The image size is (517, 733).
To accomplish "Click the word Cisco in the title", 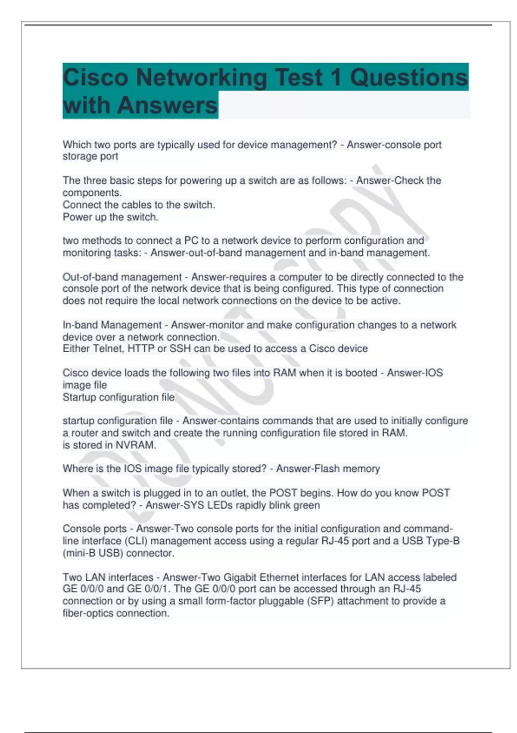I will [x=96, y=78].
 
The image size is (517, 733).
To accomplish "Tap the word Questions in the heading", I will [x=408, y=78].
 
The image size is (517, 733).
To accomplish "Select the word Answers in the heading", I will [x=167, y=105].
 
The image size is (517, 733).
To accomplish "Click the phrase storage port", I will [x=90, y=157].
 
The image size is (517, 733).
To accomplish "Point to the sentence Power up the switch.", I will [x=110, y=217].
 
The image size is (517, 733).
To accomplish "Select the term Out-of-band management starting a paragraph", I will [x=122, y=277].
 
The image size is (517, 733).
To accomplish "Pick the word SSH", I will [x=180, y=349].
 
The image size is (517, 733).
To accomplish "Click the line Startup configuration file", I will [x=118, y=398].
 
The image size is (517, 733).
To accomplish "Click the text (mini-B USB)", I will [x=93, y=553].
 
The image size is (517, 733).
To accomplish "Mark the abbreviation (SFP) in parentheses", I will [x=320, y=601].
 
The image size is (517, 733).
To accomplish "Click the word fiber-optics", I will [x=88, y=614].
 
